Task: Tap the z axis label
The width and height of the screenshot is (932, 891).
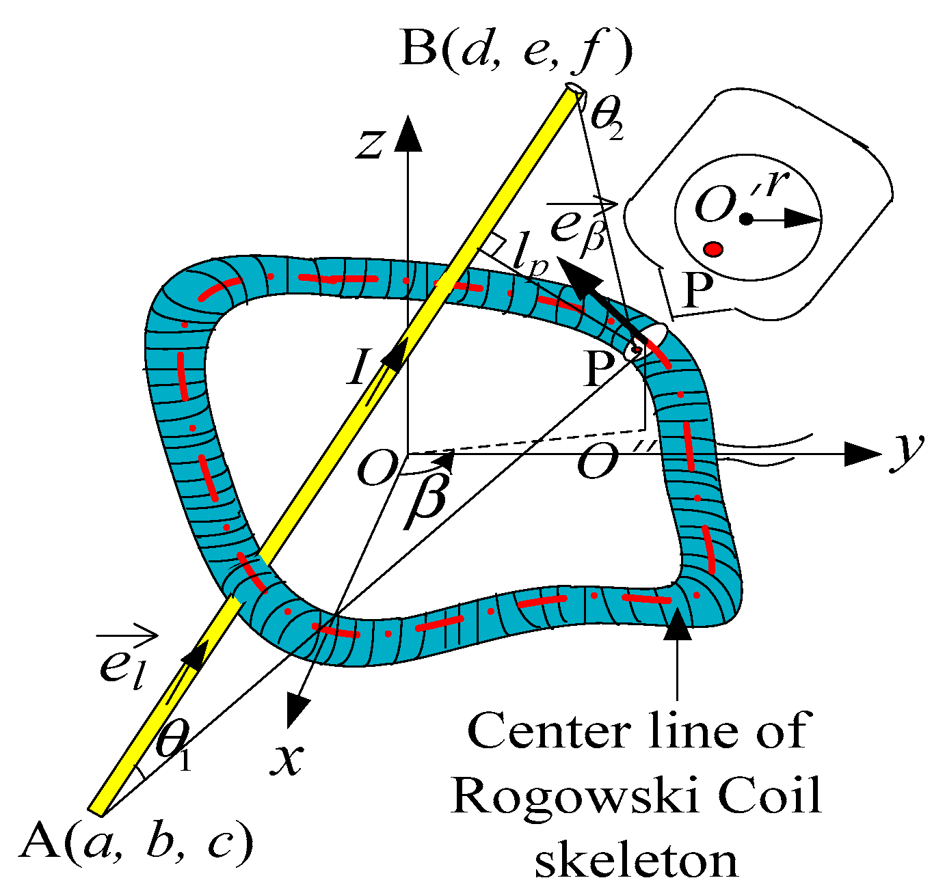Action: coord(369,143)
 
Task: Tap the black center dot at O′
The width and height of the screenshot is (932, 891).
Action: coord(747,219)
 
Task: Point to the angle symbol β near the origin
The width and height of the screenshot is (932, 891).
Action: coord(426,497)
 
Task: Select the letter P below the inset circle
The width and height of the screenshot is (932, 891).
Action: coord(698,292)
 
